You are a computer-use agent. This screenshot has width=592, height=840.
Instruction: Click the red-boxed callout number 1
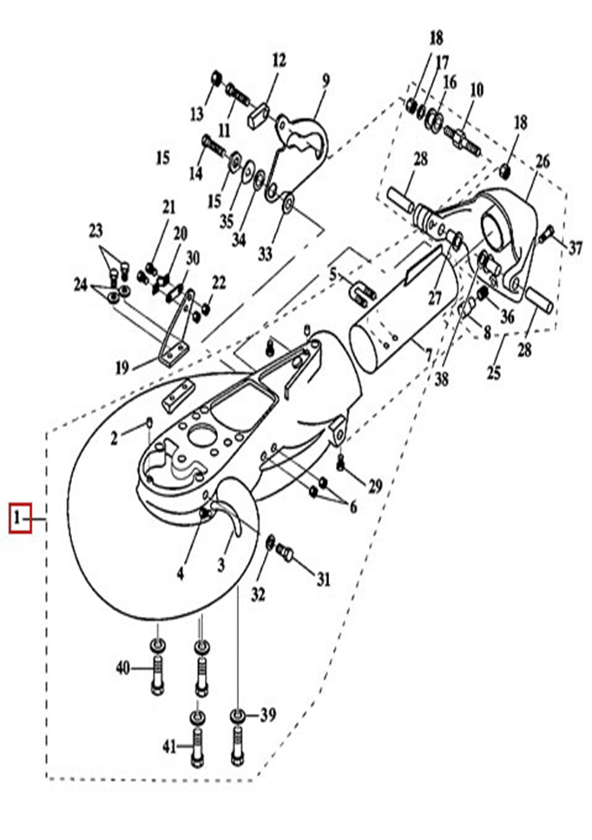(x=20, y=519)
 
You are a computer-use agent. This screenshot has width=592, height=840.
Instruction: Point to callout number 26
(x=543, y=161)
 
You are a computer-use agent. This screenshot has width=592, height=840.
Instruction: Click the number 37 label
(x=576, y=247)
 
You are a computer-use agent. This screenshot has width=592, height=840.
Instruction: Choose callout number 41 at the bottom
(x=169, y=745)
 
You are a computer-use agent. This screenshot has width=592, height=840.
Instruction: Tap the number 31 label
(x=322, y=579)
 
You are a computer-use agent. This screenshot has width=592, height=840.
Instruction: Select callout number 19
(x=121, y=368)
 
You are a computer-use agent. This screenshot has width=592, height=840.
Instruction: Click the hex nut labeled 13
(x=215, y=81)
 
